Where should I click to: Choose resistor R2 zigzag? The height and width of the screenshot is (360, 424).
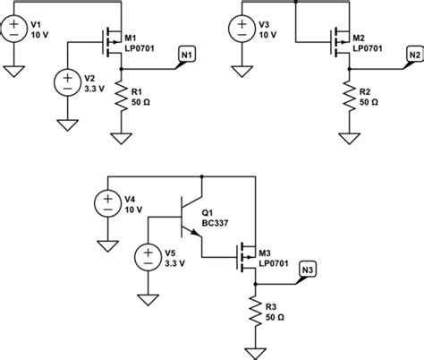click(x=350, y=98)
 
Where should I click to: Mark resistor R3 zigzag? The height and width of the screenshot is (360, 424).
click(x=256, y=310)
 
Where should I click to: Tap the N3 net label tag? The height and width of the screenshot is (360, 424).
click(x=308, y=270)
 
